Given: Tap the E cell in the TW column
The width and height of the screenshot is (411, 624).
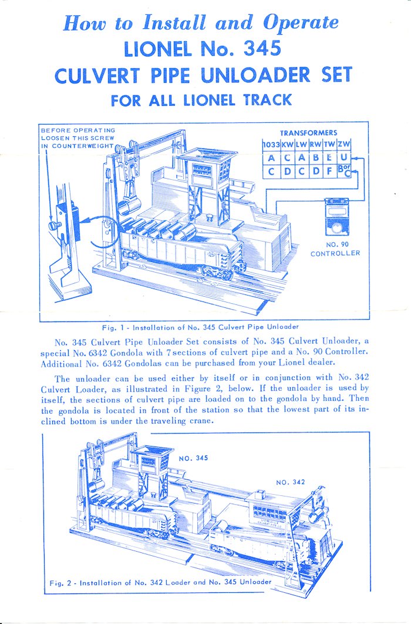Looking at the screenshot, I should click(x=329, y=159).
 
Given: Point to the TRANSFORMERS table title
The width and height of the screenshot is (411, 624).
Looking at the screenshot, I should click(x=308, y=133).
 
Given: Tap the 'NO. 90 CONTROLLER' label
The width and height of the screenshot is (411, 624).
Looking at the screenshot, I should click(x=335, y=249).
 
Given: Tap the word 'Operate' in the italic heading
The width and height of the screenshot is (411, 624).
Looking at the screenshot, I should click(x=301, y=22).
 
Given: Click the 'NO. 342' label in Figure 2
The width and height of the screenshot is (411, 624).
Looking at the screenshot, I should click(x=291, y=482).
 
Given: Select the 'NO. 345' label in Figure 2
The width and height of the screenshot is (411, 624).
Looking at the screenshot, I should click(x=193, y=457).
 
